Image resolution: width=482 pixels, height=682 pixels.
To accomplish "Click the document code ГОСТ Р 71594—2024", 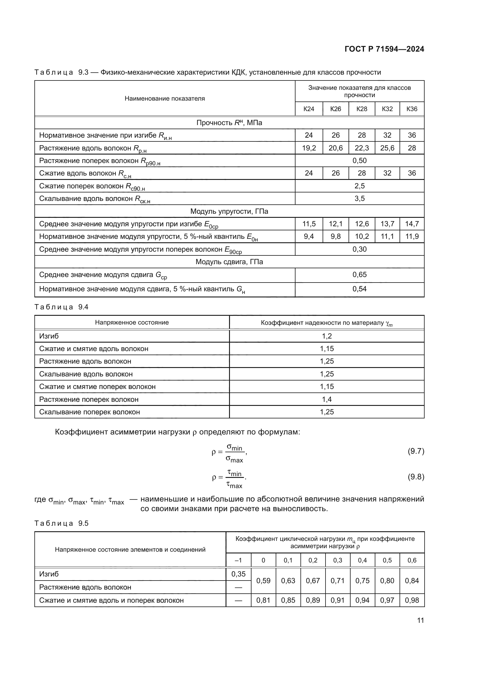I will (x=384, y=49).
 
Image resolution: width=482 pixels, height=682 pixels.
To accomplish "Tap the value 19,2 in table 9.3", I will (x=309, y=148).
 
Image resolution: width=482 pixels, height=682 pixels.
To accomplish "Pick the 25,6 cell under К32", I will (x=387, y=148).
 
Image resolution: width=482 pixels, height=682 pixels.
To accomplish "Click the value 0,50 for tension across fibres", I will (x=359, y=161).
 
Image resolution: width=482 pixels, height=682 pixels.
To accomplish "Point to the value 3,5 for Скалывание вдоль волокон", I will (x=359, y=199).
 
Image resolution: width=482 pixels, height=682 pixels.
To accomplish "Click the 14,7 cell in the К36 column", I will (x=412, y=224).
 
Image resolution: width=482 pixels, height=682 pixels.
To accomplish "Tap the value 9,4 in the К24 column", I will (x=309, y=236).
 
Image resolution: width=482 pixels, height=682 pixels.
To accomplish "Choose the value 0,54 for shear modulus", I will (x=359, y=289).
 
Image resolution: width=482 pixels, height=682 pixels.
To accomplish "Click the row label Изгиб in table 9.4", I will (x=49, y=336).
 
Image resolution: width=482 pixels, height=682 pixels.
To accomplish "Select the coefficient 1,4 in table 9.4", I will (x=326, y=399).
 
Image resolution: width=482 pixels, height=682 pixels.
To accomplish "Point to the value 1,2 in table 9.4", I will (x=326, y=336).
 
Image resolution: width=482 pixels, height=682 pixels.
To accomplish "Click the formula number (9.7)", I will (x=416, y=451).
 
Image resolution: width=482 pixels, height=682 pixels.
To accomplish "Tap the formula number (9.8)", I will (x=416, y=477).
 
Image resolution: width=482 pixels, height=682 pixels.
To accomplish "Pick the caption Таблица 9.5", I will (x=61, y=523).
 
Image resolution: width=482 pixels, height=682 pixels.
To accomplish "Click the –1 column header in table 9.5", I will (x=238, y=560).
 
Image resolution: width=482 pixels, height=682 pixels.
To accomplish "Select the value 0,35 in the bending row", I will (x=238, y=574).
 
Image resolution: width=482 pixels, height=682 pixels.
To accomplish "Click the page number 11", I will (x=420, y=620).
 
